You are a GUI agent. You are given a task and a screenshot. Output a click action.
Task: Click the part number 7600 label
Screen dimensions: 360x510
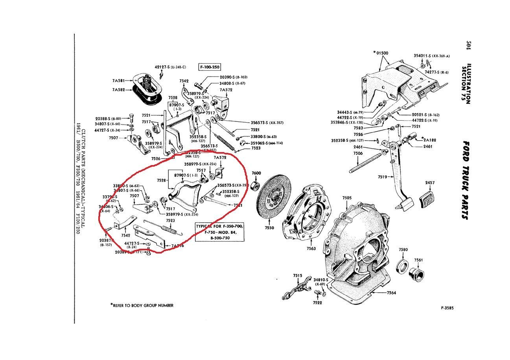256,173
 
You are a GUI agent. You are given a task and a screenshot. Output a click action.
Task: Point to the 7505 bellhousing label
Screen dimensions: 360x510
347,198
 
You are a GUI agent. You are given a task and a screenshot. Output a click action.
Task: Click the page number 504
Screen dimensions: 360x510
468,46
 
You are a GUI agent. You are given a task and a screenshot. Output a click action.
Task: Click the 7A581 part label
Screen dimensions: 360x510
118,81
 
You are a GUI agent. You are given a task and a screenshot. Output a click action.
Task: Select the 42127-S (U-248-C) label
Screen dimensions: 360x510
170,67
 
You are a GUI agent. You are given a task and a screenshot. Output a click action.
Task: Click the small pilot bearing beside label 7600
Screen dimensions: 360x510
257,185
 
